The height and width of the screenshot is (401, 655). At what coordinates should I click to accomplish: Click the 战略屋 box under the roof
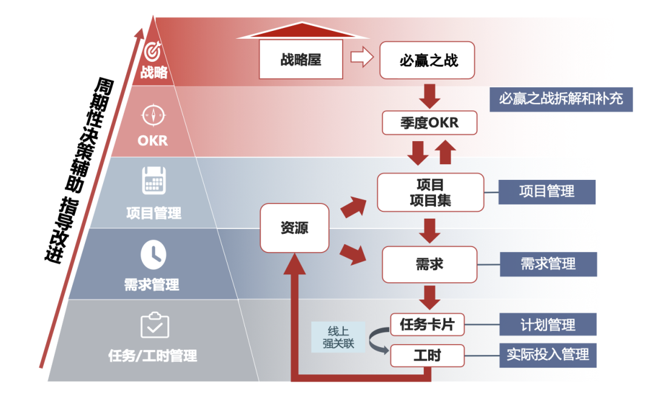[x=300, y=59]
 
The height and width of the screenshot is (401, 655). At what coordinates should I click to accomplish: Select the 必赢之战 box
[x=428, y=60]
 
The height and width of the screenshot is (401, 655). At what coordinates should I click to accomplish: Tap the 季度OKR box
[x=429, y=123]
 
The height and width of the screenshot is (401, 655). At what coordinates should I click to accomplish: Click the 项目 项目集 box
[x=431, y=192]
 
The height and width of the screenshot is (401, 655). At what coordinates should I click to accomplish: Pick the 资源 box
[x=294, y=228]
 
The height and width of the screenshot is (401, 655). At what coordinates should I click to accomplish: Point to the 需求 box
[x=430, y=264]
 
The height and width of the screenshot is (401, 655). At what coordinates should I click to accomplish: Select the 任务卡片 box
[x=427, y=325]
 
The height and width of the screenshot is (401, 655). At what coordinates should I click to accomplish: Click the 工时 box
[x=427, y=356]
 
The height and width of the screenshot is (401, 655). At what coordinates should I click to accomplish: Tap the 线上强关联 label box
[x=338, y=337]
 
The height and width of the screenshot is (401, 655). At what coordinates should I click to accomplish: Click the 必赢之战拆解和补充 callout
[x=561, y=98]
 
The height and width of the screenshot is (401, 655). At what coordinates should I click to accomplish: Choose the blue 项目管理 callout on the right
[x=547, y=191]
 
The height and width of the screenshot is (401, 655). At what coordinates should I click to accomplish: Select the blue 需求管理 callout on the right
[x=548, y=264]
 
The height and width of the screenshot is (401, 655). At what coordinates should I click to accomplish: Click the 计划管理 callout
[x=548, y=325]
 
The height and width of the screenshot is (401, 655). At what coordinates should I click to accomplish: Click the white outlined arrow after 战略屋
[x=361, y=59]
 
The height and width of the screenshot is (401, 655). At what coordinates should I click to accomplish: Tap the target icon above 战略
[x=153, y=50]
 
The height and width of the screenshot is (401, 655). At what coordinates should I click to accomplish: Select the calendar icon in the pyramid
[x=153, y=181]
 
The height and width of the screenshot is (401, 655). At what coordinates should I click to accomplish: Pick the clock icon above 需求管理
[x=153, y=254]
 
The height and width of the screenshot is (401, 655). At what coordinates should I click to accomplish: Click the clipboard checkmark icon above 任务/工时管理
[x=154, y=325]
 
